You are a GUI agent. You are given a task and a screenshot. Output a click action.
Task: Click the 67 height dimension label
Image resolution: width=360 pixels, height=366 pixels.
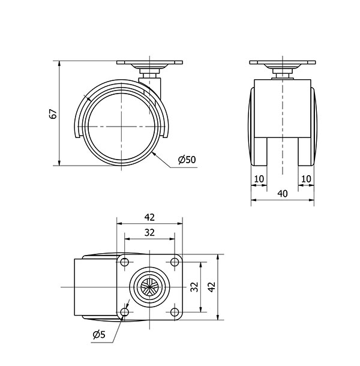click(54, 113)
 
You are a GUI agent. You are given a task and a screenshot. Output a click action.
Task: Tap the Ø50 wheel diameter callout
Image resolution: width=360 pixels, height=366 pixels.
click(187, 160)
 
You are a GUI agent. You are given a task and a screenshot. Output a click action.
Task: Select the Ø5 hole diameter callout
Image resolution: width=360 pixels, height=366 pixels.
click(99, 334)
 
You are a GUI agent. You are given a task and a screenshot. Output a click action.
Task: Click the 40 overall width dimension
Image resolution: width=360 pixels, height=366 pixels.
click(283, 194)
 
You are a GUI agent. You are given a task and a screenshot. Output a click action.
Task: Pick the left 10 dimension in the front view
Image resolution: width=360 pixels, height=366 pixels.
click(259, 179)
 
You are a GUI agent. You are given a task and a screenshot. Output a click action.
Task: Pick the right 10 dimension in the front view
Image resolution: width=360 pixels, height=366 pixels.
click(307, 179)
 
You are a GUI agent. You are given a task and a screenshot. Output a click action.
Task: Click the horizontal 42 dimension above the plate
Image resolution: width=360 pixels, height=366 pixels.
click(149, 217)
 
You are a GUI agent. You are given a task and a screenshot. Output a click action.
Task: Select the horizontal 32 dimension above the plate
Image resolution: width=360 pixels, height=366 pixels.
click(149, 232)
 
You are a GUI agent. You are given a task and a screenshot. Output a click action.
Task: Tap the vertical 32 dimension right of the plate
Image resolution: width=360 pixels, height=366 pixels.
click(194, 287)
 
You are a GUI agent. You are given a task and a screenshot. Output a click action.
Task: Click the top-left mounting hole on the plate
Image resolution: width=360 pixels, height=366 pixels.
click(125, 262)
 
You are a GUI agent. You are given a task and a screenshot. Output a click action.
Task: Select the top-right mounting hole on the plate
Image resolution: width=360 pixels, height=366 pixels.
click(175, 262)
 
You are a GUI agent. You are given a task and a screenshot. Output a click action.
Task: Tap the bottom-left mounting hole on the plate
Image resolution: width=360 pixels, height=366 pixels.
click(125, 311)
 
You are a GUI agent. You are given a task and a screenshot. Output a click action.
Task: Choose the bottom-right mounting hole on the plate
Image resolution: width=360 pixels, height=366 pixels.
click(175, 311)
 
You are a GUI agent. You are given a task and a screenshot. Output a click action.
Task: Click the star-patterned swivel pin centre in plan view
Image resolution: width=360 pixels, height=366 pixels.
click(149, 287)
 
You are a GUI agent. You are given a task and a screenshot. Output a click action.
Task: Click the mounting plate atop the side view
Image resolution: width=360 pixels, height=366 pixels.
click(149, 62)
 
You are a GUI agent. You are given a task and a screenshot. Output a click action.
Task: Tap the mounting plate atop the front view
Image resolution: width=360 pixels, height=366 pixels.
click(283, 62)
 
